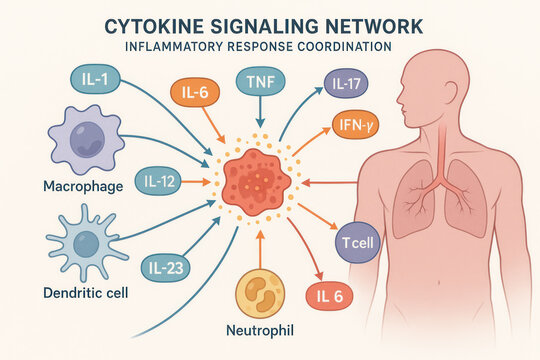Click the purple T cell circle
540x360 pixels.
point(356,242)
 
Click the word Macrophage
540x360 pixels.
point(83,187)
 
